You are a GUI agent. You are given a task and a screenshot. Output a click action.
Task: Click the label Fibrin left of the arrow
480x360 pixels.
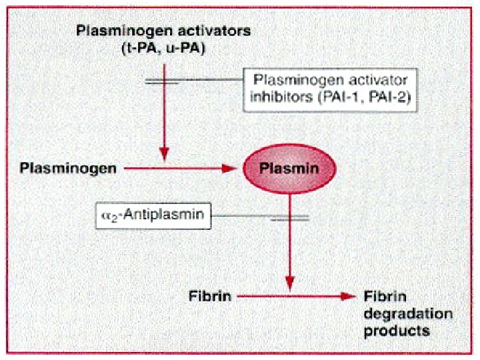coord(209,296)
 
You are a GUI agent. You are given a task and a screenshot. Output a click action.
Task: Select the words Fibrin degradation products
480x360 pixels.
coord(407,313)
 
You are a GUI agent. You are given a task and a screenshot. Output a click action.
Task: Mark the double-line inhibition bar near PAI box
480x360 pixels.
coord(162,82)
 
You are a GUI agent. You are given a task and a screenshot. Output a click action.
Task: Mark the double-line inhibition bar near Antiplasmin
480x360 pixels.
coord(289,217)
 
